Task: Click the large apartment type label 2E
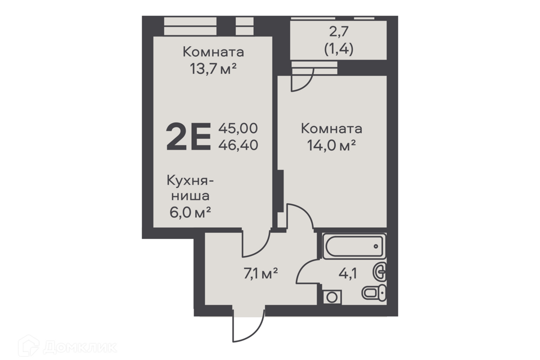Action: (x=188, y=137)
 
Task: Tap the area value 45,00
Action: (x=238, y=128)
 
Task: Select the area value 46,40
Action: (x=238, y=145)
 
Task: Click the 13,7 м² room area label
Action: (x=213, y=69)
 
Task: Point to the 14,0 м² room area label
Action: (x=331, y=146)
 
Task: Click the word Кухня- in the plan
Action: (x=190, y=181)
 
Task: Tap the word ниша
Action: (x=191, y=196)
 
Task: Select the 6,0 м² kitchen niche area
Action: (x=190, y=212)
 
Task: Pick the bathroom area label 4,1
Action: (x=348, y=274)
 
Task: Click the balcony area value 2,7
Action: (x=339, y=32)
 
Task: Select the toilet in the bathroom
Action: (x=374, y=293)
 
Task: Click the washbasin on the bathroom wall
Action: (x=380, y=272)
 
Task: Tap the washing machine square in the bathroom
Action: (x=332, y=296)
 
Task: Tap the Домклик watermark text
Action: (x=80, y=347)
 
